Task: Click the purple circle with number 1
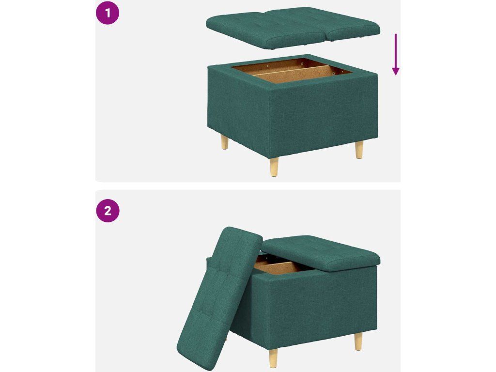coord(108,13)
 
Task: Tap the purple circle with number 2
coord(108,210)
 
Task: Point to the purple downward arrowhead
coord(395,72)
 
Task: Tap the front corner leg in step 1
coord(274,167)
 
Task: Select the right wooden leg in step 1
coord(359,150)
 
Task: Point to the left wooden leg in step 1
coord(225,142)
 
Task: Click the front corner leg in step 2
coord(274,358)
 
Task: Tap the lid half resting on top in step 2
coord(321,253)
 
